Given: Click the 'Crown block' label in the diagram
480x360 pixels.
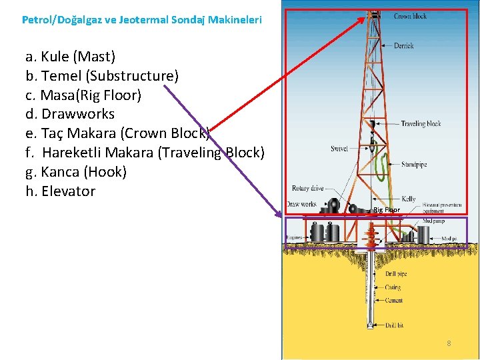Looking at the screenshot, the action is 410,16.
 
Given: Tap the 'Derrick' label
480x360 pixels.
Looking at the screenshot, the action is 403,46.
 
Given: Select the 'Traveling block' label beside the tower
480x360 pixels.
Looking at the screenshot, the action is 421,124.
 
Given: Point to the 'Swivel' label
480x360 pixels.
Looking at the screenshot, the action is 339,149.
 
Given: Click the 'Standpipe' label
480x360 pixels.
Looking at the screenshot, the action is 414,164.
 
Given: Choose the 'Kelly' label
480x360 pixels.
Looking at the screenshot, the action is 408,199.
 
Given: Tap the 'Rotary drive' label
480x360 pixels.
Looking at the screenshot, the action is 307,189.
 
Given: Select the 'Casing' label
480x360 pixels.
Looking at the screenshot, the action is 393,287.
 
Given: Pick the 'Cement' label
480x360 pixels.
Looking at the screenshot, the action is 393,301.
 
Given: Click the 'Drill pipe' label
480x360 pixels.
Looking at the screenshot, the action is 395,274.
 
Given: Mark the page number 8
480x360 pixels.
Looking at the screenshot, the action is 449,343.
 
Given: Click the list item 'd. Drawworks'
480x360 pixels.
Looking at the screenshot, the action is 70,114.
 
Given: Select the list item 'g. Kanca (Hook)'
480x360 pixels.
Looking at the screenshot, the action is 76,172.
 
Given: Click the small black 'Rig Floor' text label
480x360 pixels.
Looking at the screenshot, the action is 386,210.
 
